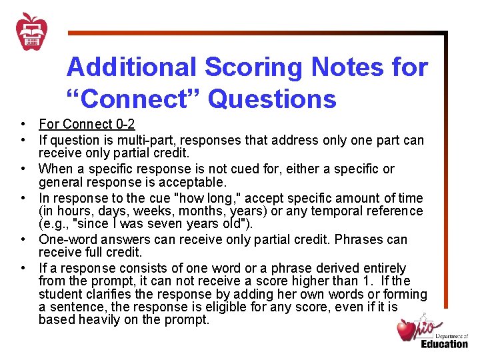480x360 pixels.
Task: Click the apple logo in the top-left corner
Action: point(31,31)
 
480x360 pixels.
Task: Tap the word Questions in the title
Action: point(272,99)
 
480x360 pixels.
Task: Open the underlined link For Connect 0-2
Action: point(87,124)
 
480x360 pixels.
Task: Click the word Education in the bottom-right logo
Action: point(444,344)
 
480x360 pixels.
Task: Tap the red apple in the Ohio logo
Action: point(406,329)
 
